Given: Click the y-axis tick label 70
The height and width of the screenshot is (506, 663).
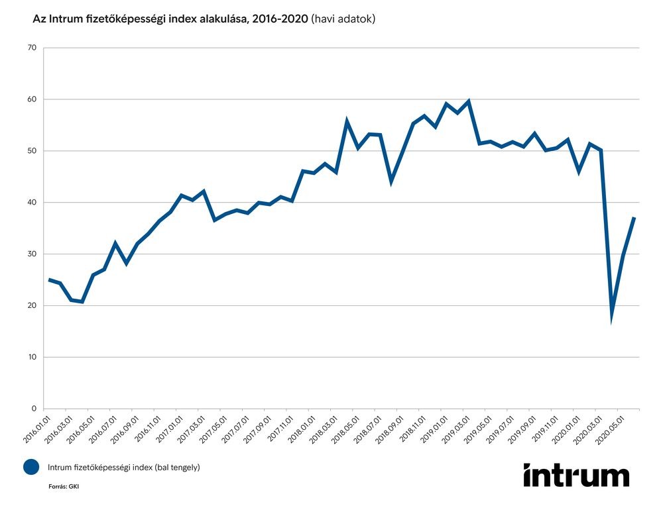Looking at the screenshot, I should click(x=32, y=48).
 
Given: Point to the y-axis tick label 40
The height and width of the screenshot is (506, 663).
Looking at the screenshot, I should click(x=32, y=203).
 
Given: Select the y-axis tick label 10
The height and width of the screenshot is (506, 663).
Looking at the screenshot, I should click(x=32, y=358).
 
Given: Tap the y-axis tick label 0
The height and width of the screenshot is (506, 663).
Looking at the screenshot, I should click(x=34, y=409).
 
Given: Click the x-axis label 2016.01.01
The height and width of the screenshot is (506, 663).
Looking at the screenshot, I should click(x=38, y=429).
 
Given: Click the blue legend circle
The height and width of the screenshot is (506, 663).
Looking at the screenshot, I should click(x=31, y=467).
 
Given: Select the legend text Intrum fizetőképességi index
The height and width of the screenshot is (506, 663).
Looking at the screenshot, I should click(x=123, y=468).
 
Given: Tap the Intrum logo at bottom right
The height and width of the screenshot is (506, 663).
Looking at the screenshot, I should click(x=575, y=475).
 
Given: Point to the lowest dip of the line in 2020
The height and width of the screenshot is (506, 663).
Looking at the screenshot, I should click(x=612, y=319).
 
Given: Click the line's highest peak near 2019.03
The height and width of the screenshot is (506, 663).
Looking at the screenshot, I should click(x=469, y=101).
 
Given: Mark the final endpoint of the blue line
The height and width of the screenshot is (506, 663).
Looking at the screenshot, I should click(x=634, y=217).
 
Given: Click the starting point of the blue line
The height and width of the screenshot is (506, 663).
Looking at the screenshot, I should click(x=49, y=279).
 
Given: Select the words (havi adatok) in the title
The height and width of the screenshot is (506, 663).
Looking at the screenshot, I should click(x=343, y=19).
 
